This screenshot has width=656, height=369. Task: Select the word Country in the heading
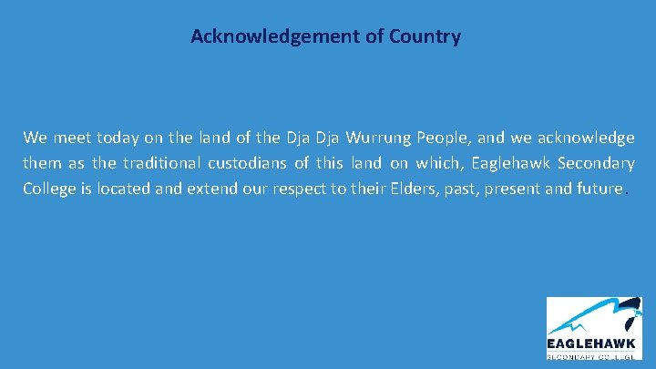pyautogui.click(x=425, y=37)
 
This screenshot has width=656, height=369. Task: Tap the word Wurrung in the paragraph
pyautogui.click(x=383, y=138)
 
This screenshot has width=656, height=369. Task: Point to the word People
pyautogui.click(x=442, y=138)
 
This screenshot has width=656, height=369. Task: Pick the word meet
pyautogui.click(x=69, y=138)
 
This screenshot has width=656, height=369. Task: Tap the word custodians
pyautogui.click(x=248, y=165)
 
